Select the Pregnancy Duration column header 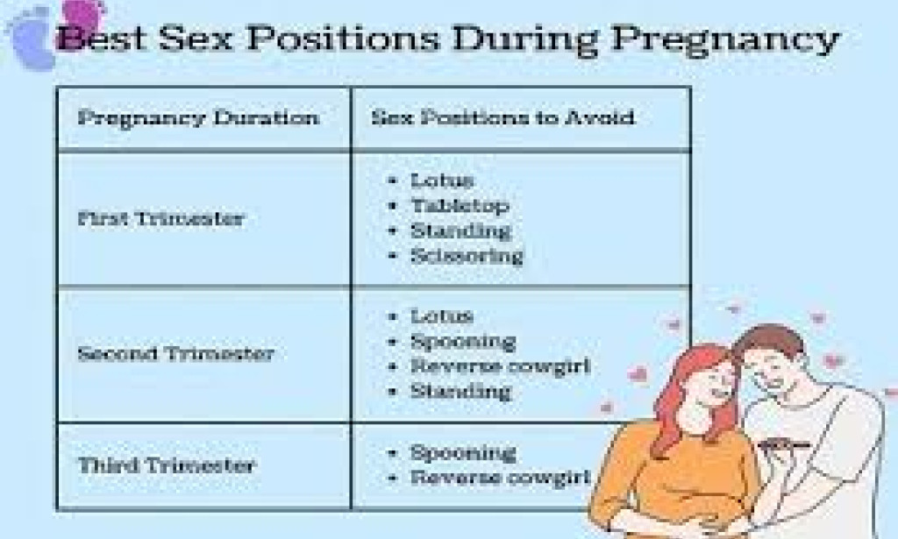[x=198, y=117]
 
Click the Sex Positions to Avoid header [x=502, y=117]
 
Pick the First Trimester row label [x=160, y=218]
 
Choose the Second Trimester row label [x=175, y=354]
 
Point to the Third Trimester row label [x=166, y=465]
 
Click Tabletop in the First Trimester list [x=460, y=206]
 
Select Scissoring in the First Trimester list [x=467, y=256]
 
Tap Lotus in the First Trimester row [x=442, y=181]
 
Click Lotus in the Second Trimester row [x=442, y=316]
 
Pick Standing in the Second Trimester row [x=460, y=391]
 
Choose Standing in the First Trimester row [x=460, y=231]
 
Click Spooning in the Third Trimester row [x=463, y=453]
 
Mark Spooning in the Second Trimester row [x=463, y=341]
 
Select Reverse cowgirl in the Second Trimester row [x=500, y=365]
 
